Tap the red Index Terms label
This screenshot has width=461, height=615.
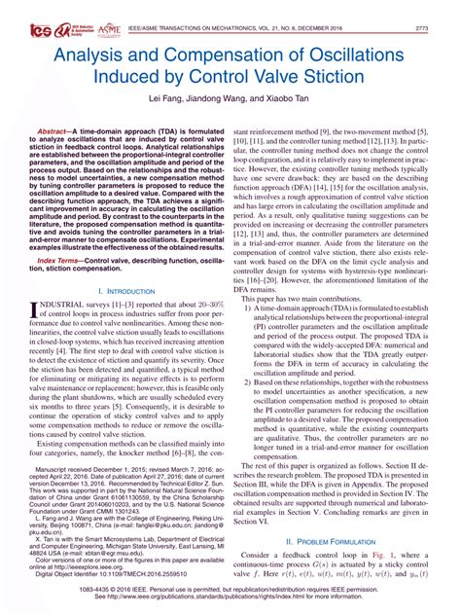point(61,262)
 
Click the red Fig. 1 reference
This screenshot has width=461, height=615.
point(385,555)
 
